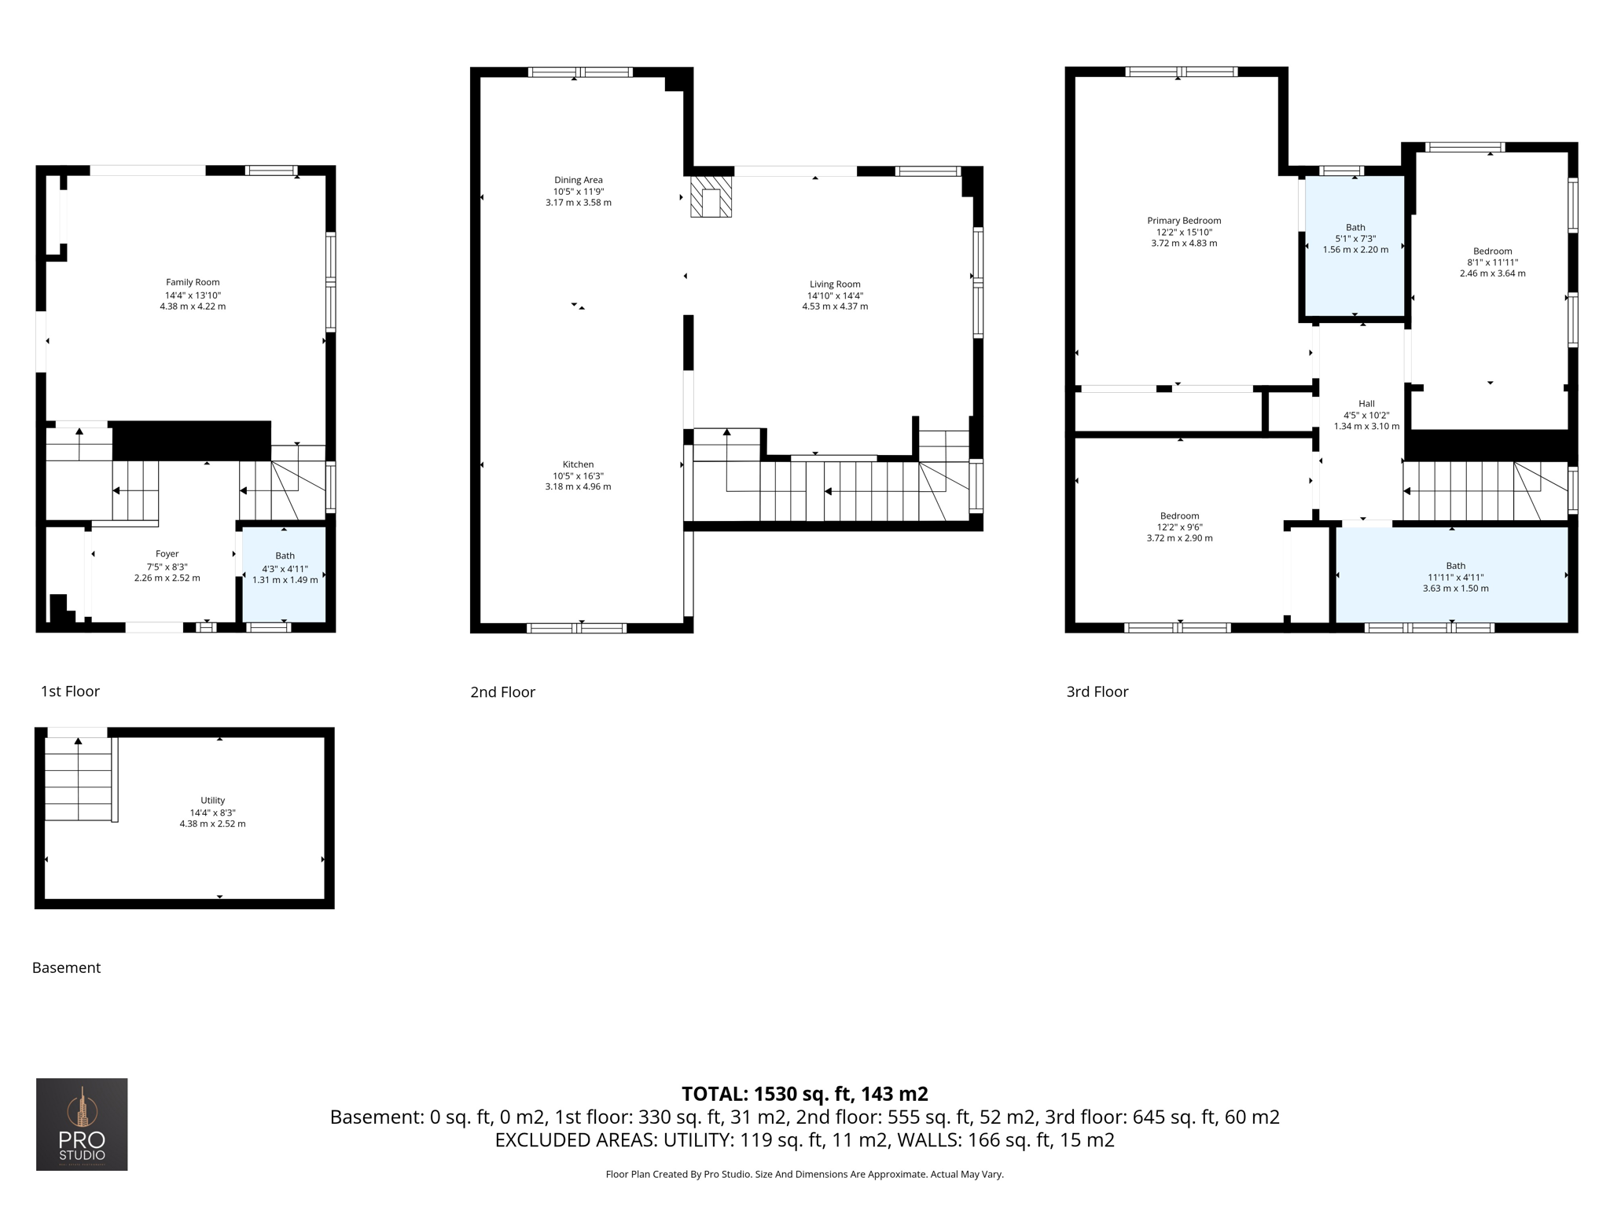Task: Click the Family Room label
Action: [193, 282]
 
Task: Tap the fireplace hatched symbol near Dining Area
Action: [711, 196]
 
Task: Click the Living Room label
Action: [835, 284]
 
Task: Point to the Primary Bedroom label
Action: [1184, 221]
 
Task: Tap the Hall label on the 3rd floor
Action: [1366, 404]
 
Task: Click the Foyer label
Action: [167, 554]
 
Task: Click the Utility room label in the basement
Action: [212, 801]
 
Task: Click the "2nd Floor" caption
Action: [502, 692]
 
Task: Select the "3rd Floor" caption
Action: [1097, 692]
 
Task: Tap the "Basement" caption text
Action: [66, 968]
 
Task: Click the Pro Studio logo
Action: [82, 1124]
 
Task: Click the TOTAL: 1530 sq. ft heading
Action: [804, 1094]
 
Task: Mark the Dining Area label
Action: [578, 180]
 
